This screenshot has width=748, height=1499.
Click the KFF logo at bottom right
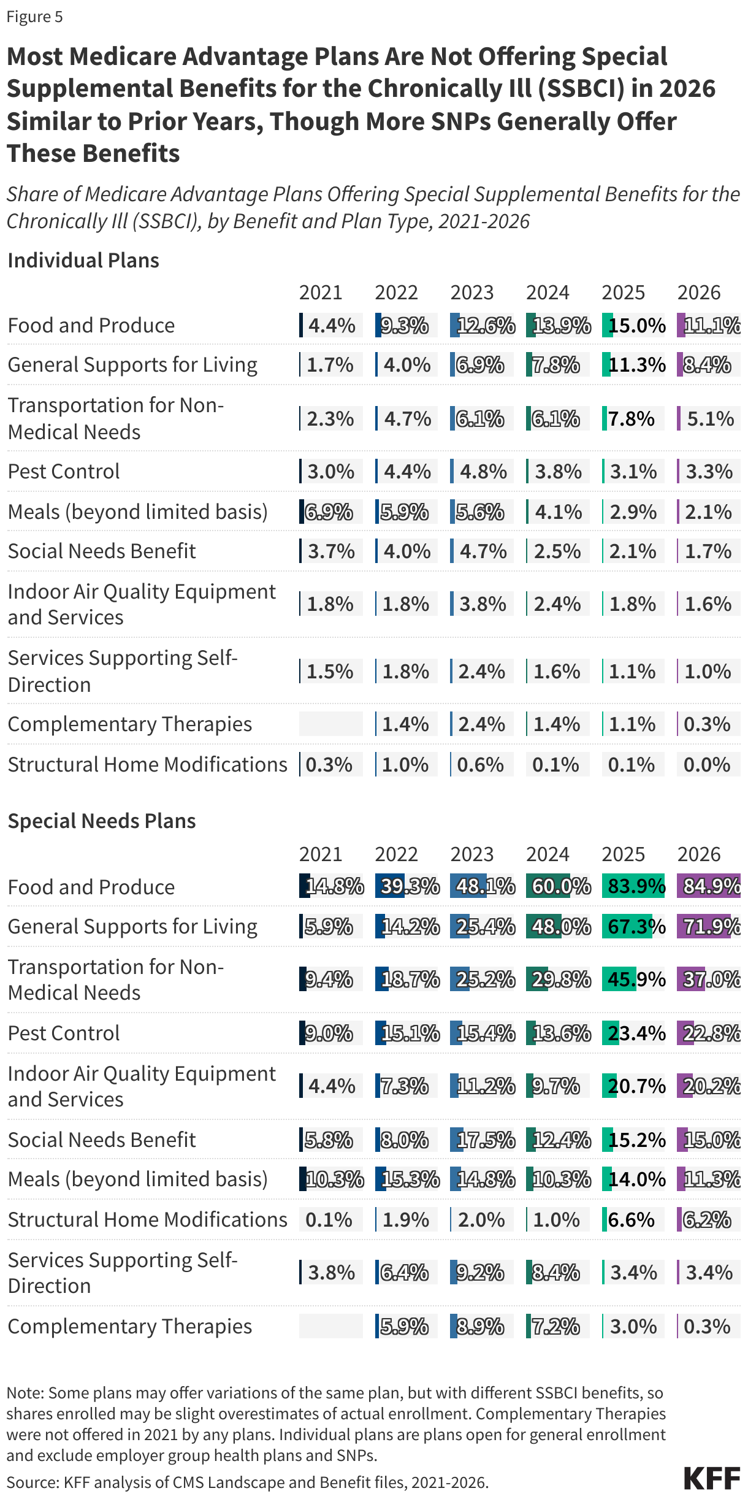(x=712, y=1478)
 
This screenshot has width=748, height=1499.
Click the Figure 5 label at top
(x=34, y=17)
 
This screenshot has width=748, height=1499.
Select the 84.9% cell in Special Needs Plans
(x=709, y=886)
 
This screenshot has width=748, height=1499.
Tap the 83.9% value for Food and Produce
(x=633, y=886)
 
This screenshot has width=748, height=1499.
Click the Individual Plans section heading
(x=83, y=260)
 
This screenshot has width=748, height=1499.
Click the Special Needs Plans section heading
(x=102, y=821)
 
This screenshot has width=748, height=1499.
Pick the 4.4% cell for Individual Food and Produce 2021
(x=331, y=325)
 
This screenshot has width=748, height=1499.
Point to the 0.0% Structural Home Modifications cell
(x=707, y=764)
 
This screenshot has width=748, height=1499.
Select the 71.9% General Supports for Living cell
(x=709, y=926)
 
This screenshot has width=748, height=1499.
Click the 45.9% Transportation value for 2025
(x=633, y=979)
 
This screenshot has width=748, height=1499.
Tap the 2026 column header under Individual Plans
(x=699, y=293)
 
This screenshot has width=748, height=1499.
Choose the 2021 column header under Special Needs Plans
(x=321, y=854)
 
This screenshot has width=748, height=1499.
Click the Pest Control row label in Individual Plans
(x=64, y=471)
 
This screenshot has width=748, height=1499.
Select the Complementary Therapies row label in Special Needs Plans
(x=129, y=1326)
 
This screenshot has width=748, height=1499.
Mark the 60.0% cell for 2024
(x=558, y=886)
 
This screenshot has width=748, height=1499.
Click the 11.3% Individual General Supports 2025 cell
(x=633, y=364)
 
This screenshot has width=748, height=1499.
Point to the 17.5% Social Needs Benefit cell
(x=483, y=1140)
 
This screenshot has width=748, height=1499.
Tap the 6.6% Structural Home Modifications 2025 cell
(x=632, y=1219)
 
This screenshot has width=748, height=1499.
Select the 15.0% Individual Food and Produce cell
(x=633, y=325)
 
